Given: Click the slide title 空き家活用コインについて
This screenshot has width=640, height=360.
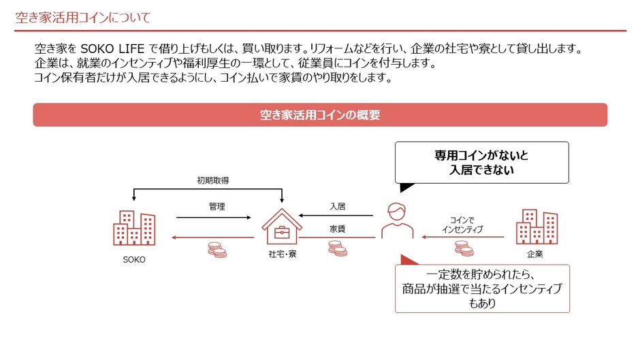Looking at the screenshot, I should point(83,17).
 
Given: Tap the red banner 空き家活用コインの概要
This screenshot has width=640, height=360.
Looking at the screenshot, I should point(320,115).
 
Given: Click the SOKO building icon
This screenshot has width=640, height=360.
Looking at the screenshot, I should point(134,228).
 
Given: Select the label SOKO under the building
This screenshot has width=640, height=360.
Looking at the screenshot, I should point(134,260).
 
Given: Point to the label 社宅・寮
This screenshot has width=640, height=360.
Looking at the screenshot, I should point(282,255).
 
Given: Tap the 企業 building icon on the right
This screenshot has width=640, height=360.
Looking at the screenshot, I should point(537,227).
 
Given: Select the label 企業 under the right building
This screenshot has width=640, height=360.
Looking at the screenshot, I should point(536,255).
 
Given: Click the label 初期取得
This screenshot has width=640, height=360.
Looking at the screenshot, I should point(213,180).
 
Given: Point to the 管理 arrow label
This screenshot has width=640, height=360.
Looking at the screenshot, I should point(217,206).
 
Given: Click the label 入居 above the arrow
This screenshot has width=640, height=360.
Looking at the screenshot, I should point(338,206).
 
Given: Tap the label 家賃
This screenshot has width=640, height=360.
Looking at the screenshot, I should point(338,229).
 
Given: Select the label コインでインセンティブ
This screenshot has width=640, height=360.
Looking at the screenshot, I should point(462,225).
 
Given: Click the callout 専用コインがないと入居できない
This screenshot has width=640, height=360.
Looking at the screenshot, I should point(481,163).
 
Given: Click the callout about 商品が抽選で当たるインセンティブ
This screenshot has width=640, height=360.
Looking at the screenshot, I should point(482,289).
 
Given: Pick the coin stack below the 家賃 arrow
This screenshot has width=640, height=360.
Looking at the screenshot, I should point(338,248).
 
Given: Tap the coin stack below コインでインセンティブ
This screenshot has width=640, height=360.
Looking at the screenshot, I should point(464,248).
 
